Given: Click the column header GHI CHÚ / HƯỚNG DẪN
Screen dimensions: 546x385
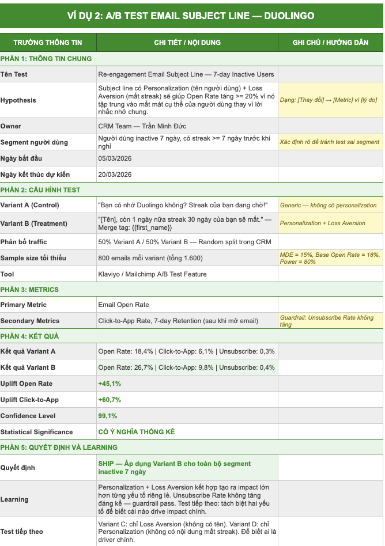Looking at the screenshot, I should click(x=330, y=43).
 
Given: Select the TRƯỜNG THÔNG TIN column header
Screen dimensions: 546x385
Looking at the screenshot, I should click(x=48, y=43).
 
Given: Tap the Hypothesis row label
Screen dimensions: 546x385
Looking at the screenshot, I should click(x=18, y=100).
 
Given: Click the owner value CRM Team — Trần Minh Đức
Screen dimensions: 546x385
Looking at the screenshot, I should click(x=142, y=126).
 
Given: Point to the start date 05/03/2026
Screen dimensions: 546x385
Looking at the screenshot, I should click(x=115, y=158).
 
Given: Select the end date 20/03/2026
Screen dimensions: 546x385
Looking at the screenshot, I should click(x=115, y=175).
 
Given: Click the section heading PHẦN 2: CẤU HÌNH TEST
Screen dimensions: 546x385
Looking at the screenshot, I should click(x=40, y=190).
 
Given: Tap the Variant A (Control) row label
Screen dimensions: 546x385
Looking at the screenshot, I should click(x=29, y=205).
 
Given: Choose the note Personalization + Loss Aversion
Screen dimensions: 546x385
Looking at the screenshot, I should click(x=322, y=223).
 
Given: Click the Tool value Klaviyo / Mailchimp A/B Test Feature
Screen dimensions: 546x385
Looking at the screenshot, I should click(x=152, y=274).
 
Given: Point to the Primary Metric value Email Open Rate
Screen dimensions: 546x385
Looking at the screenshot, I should click(x=123, y=305).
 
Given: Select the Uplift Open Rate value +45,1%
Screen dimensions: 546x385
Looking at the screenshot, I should click(x=110, y=384).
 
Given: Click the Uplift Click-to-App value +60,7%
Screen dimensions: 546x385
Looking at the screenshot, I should click(x=110, y=400).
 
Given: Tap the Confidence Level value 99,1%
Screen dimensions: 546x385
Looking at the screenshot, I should click(x=108, y=416).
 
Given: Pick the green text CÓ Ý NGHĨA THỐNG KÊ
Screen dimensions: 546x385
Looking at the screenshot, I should click(x=137, y=432).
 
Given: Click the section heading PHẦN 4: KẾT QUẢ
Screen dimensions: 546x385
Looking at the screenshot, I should click(x=30, y=336).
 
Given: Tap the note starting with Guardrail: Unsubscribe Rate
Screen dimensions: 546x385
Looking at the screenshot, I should click(x=326, y=321).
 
